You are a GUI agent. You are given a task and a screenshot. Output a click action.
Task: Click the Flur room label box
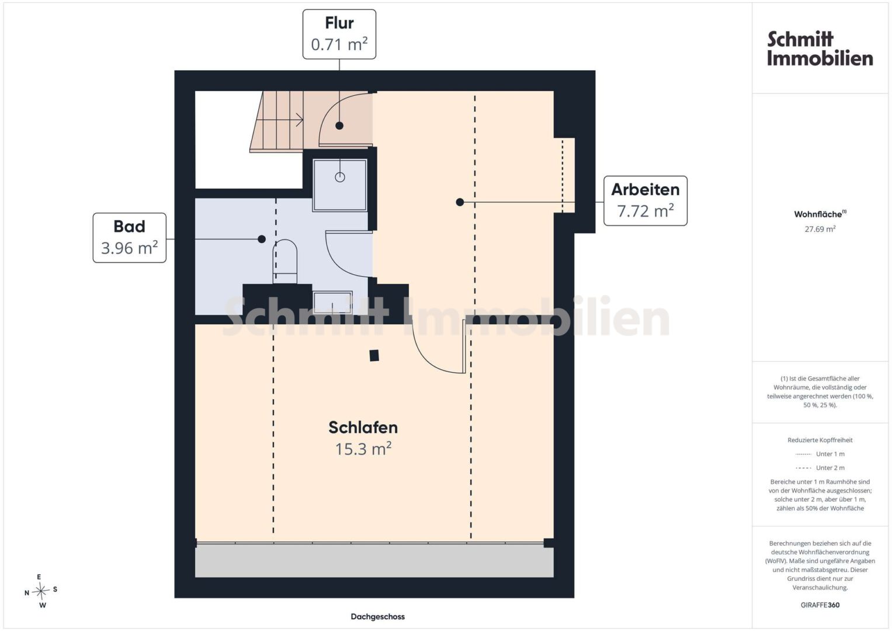pyautogui.click(x=339, y=34)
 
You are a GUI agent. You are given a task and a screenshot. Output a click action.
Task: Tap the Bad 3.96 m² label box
pyautogui.click(x=130, y=238)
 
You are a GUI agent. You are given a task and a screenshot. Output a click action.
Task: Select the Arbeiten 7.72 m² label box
pyautogui.click(x=645, y=201)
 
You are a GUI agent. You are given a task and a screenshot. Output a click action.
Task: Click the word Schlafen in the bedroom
pyautogui.click(x=363, y=428)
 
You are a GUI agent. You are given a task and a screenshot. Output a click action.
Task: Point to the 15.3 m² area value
pyautogui.click(x=363, y=449)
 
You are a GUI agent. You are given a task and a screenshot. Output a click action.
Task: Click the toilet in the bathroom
pyautogui.click(x=284, y=261)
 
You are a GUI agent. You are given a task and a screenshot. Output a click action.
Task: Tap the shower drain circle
pyautogui.click(x=339, y=177)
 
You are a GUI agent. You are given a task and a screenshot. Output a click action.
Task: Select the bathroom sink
pyautogui.click(x=332, y=303)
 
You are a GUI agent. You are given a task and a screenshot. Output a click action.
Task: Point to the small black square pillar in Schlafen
pyautogui.click(x=374, y=355)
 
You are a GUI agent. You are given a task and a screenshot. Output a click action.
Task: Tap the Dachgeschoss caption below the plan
pyautogui.click(x=377, y=616)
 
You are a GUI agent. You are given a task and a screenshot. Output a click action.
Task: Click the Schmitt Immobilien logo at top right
pyautogui.click(x=820, y=49)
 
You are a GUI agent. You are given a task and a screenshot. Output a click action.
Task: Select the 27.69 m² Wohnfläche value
pyautogui.click(x=820, y=229)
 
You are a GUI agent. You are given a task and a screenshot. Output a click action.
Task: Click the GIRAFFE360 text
pyautogui.click(x=820, y=605)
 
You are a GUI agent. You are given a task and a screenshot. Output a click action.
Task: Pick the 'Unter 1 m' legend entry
pyautogui.click(x=820, y=454)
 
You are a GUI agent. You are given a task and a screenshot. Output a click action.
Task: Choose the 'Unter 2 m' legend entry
pyautogui.click(x=820, y=467)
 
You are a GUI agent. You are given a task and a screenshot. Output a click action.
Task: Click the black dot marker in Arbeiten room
pyautogui.click(x=460, y=202)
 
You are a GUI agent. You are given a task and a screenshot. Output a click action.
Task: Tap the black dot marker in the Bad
pyautogui.click(x=262, y=239)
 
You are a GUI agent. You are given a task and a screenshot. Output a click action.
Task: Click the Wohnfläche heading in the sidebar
pyautogui.click(x=820, y=214)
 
